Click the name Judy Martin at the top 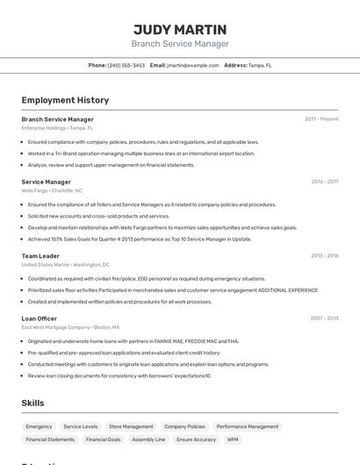pos(180,29)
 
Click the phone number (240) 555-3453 pos(126,65)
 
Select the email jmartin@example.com pos(192,65)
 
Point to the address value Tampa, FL pos(260,65)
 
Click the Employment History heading pos(65,101)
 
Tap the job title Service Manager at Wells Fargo pos(46,182)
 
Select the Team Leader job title pos(40,256)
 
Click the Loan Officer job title pos(40,318)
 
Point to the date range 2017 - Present pos(321,119)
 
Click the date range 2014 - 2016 pos(324,182)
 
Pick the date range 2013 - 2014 pos(324,256)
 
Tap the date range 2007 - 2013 pos(324,318)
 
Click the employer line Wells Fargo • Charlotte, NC pos(52,190)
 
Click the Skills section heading pos(33,403)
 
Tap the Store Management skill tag pos(131,426)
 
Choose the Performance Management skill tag pos(248,426)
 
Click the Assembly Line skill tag pos(148,440)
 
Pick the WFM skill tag pos(233,440)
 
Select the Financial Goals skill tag pos(103,440)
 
